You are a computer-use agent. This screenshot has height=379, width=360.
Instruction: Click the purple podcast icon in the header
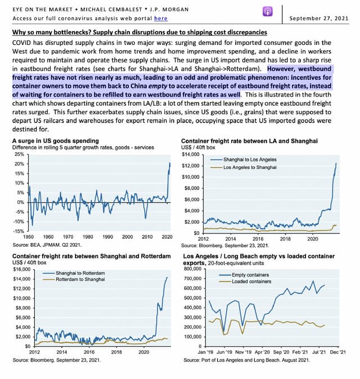point(267,12)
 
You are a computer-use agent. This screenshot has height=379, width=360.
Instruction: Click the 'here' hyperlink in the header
point(160,19)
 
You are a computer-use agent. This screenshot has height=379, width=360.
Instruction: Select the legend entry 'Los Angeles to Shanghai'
point(250,168)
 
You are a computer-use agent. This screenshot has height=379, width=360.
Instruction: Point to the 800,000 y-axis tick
point(191,268)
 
